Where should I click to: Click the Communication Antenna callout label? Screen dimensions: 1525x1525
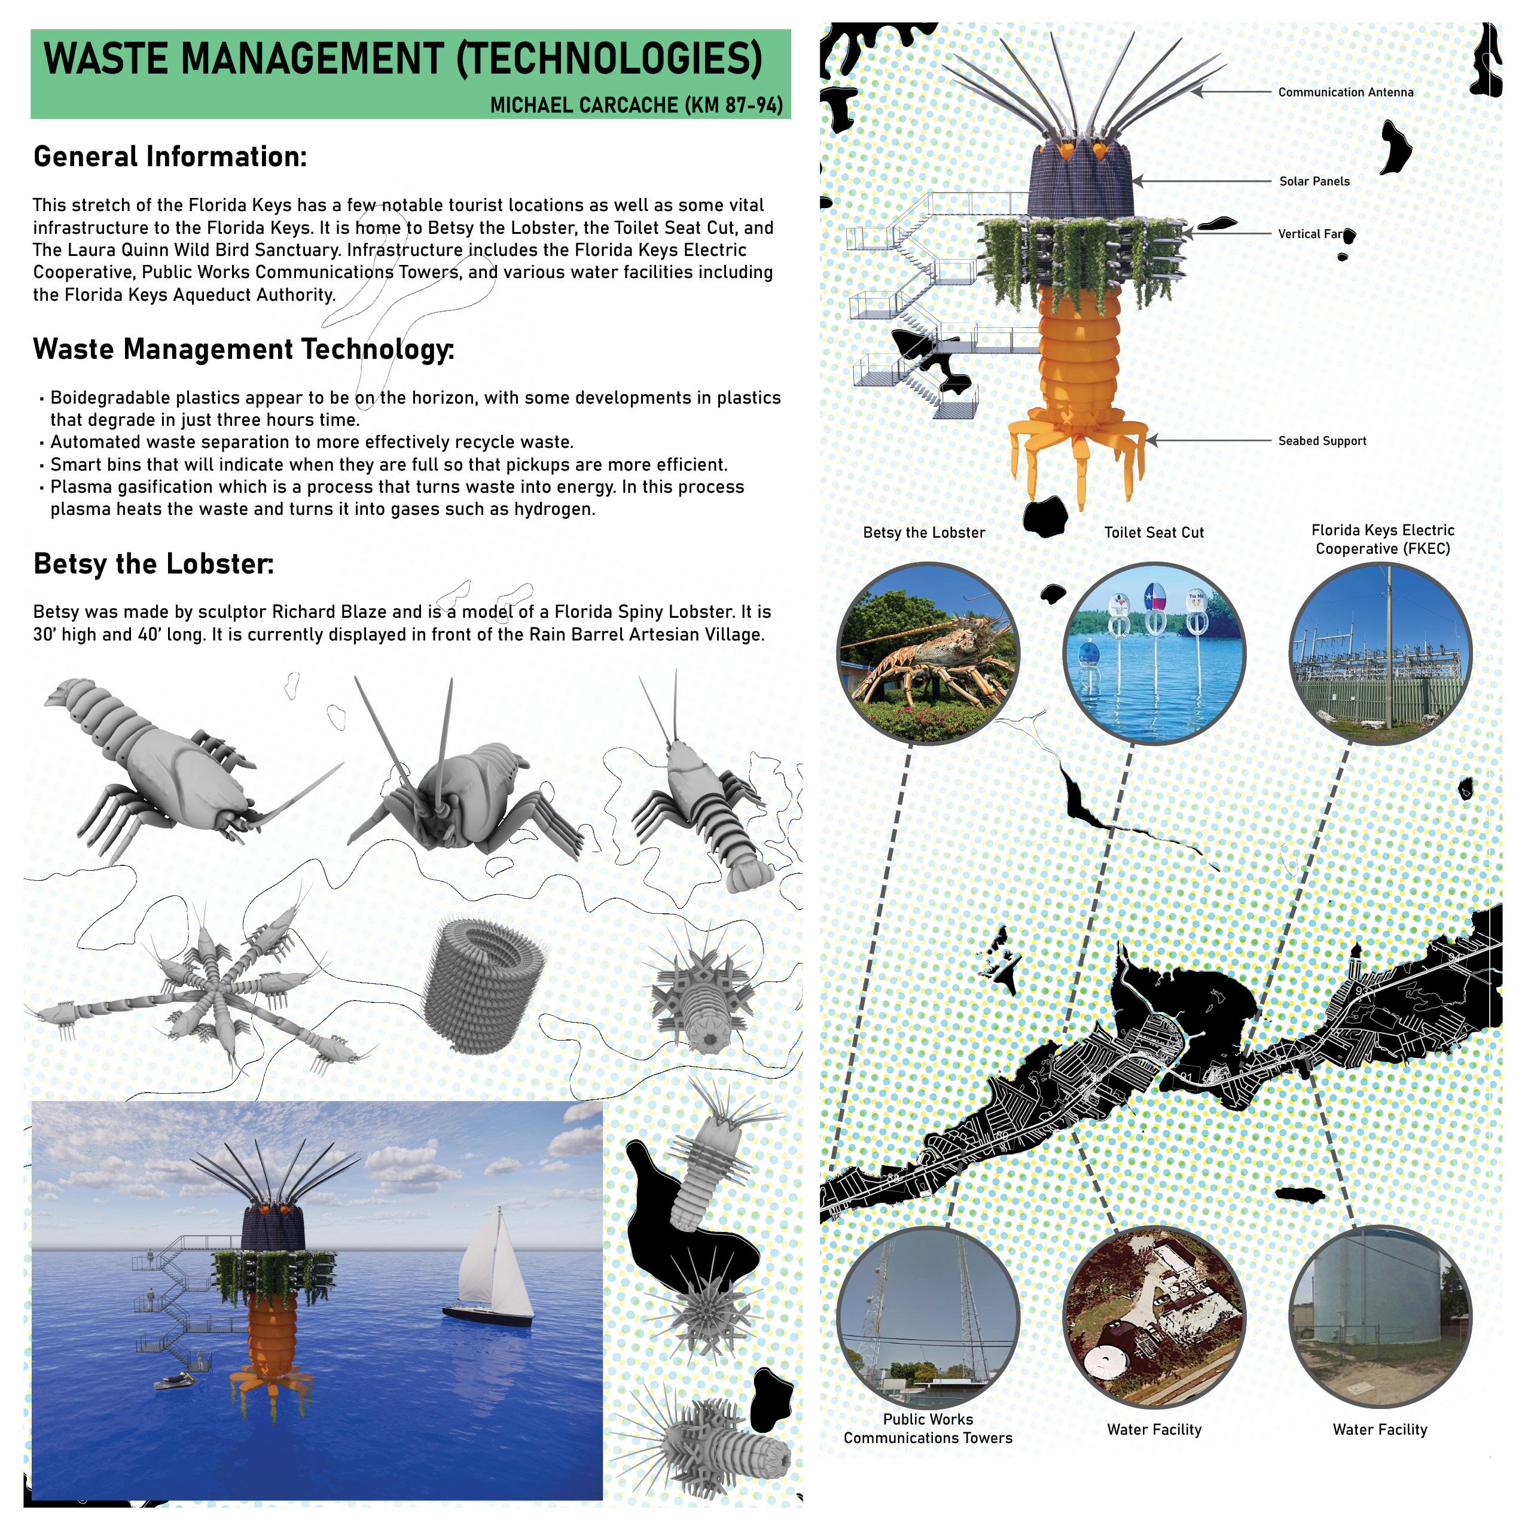[1345, 92]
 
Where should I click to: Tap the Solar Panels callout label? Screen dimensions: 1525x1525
[1314, 182]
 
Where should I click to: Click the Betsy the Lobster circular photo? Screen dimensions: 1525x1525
[928, 654]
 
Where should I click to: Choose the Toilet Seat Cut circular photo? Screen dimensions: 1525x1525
[1154, 654]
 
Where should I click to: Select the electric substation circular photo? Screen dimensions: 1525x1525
[1380, 654]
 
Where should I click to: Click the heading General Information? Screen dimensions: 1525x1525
[170, 156]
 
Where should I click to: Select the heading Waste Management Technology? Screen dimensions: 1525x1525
[243, 349]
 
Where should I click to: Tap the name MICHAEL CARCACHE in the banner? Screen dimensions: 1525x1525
[584, 105]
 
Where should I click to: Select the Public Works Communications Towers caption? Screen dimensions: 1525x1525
[928, 1429]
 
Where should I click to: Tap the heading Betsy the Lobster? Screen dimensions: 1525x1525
[153, 563]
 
